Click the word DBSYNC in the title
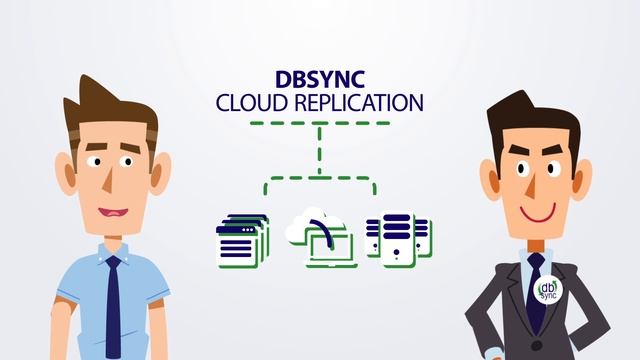point(319,80)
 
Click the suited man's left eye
point(517,160)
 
